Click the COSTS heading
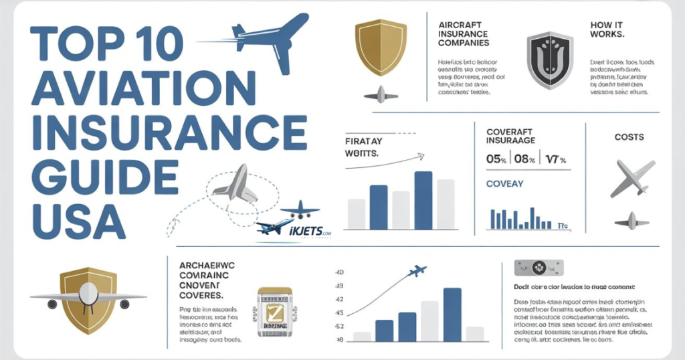628,137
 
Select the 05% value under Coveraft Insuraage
496,160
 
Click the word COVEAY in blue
504,184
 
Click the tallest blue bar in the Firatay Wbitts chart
423,200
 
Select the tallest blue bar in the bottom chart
452,314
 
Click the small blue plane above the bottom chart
417,271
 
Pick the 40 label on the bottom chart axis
338,272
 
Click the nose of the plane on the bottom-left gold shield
88,293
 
